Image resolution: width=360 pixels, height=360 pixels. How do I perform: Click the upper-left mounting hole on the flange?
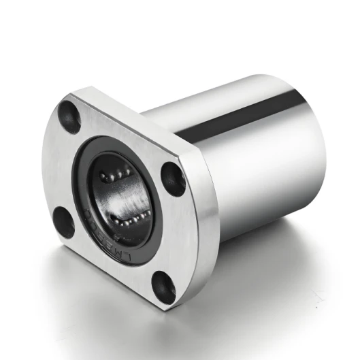click(69, 116)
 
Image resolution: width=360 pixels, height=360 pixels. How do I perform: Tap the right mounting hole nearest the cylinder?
click(173, 178)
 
